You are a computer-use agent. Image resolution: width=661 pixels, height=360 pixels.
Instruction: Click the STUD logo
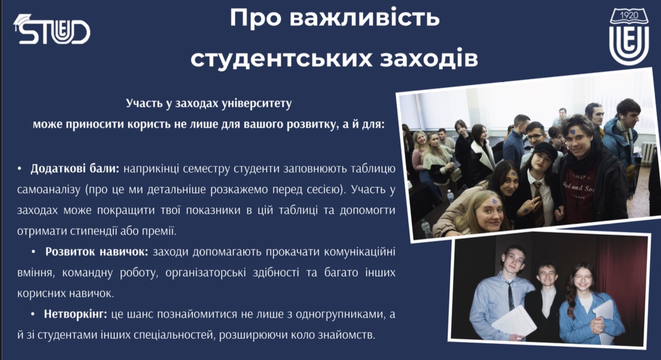(52, 29)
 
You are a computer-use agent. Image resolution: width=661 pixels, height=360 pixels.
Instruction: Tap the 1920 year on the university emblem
(629, 15)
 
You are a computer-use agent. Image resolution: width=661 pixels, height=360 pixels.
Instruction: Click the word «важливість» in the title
(364, 18)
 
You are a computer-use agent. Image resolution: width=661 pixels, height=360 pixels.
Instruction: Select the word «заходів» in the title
(429, 58)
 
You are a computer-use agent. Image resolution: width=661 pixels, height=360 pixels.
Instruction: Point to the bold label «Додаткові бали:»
(75, 169)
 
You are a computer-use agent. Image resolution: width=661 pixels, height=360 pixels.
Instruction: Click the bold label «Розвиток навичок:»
(97, 252)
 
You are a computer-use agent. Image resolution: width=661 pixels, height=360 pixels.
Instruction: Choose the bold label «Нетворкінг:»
(75, 314)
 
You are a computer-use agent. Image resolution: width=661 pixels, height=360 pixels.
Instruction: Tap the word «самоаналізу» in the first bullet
(49, 190)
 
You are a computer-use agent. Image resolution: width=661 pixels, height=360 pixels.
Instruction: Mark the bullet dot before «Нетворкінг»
(33, 314)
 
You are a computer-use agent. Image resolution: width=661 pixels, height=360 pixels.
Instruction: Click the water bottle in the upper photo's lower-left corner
(427, 229)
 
